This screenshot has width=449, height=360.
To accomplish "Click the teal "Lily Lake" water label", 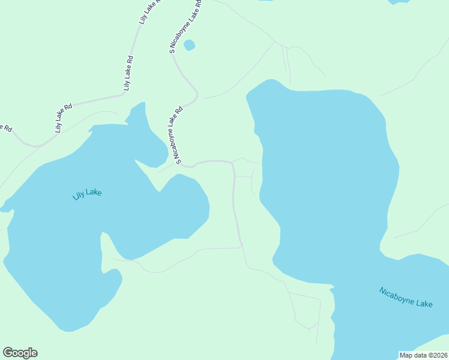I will coord(87,193).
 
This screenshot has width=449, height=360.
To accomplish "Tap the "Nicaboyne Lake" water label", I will coord(406,297).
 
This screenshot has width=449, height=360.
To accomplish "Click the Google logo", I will coord(20,353).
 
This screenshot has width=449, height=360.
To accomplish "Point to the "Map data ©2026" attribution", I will coord(423,355).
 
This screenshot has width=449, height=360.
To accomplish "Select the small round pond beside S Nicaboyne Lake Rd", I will coord(189,45).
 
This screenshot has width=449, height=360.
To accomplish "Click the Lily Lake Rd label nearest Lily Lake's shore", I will coord(64,118).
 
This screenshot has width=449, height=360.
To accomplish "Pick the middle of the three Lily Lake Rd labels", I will coord(128,73).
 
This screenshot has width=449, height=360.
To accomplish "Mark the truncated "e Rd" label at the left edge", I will coord(5,128).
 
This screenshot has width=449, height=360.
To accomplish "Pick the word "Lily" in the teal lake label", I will coord(78,195).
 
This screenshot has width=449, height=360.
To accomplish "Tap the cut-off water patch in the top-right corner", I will coord(399,2).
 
